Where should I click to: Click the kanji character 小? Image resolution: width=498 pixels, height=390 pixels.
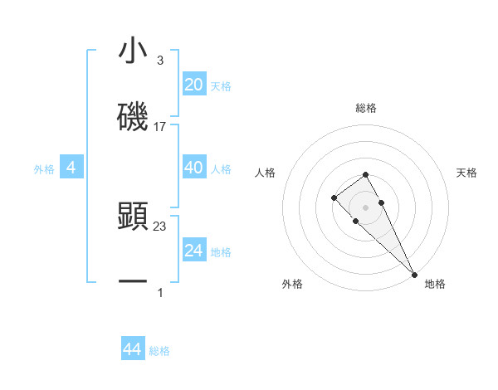(x=133, y=51)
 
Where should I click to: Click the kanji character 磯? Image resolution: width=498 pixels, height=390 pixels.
(x=133, y=118)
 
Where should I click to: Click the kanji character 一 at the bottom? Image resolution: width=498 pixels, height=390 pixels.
(x=133, y=283)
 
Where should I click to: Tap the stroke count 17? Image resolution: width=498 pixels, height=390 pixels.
(x=160, y=127)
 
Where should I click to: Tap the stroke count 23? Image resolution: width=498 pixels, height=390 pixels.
(x=160, y=226)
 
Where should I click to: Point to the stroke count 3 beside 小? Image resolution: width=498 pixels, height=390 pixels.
(x=160, y=60)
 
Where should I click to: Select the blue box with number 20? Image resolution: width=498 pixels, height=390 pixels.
(x=193, y=85)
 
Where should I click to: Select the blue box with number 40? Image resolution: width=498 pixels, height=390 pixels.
(x=193, y=168)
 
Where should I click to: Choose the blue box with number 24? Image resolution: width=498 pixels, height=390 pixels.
(x=193, y=251)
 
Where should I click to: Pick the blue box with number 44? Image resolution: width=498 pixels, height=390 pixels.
(x=132, y=350)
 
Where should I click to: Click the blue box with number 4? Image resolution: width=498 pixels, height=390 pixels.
(x=71, y=168)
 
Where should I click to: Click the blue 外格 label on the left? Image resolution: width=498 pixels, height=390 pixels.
(x=44, y=169)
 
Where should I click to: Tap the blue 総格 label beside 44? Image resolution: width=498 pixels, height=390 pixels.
(x=159, y=351)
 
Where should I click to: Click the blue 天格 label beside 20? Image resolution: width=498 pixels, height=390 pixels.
(x=221, y=85)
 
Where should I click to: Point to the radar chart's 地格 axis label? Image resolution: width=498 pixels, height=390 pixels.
(x=435, y=285)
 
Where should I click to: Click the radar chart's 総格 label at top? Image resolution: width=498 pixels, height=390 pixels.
(x=365, y=108)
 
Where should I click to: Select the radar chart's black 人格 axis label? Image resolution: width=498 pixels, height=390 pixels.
(x=265, y=173)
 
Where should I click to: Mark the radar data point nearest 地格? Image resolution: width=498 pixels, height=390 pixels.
(x=414, y=274)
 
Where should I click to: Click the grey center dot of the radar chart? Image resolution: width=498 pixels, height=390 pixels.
(x=365, y=207)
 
